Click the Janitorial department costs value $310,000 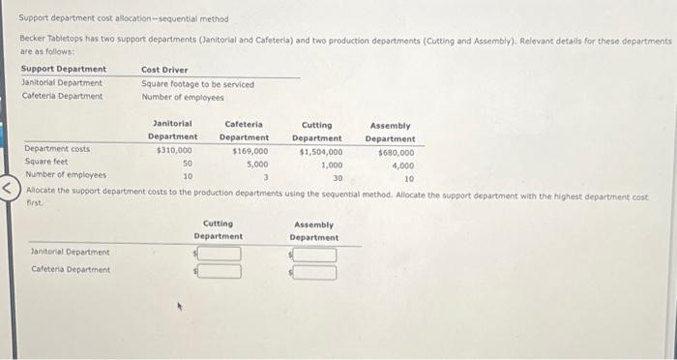click(174, 152)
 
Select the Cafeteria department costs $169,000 click(250, 152)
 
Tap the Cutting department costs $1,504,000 click(320, 152)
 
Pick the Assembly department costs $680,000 click(396, 152)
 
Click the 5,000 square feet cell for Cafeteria click(256, 165)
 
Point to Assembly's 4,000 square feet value click(403, 165)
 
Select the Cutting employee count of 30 click(338, 177)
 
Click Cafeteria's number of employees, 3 click(265, 177)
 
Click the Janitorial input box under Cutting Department click(221, 255)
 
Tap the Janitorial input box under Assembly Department click(316, 255)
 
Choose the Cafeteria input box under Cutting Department click(221, 271)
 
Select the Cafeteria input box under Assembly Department click(316, 272)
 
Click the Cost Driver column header click(164, 70)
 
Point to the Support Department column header click(64, 70)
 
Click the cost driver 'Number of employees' click(183, 97)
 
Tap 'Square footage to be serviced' click(198, 84)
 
